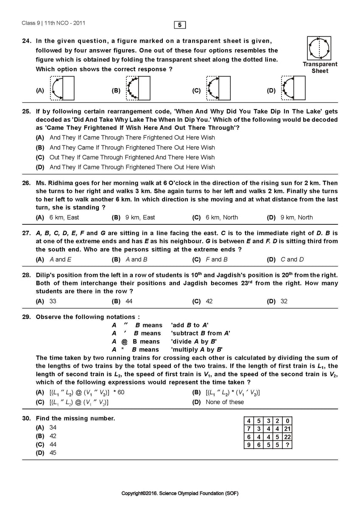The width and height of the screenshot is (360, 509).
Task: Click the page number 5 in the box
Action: [180, 25]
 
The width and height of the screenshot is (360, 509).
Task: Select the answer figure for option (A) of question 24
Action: [62, 88]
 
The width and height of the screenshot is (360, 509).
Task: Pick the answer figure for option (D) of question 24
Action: [293, 88]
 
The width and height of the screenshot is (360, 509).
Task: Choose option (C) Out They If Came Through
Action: [132, 157]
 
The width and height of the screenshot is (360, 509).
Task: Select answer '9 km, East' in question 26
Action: [140, 217]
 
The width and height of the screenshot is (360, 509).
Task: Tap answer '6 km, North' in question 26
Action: [221, 217]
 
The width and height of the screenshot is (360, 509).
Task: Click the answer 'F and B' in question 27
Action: [216, 259]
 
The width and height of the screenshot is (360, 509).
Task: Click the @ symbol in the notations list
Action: [124, 341]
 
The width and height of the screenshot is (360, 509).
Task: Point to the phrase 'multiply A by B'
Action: [196, 350]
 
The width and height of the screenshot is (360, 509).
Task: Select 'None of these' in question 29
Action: [225, 402]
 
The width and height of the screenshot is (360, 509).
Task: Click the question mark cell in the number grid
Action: [287, 445]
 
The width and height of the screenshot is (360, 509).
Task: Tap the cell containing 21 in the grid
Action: [287, 429]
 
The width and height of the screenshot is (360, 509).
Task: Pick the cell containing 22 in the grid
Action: [287, 437]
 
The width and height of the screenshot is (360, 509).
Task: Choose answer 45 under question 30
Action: [53, 453]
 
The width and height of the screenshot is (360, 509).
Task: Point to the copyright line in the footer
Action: [180, 493]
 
